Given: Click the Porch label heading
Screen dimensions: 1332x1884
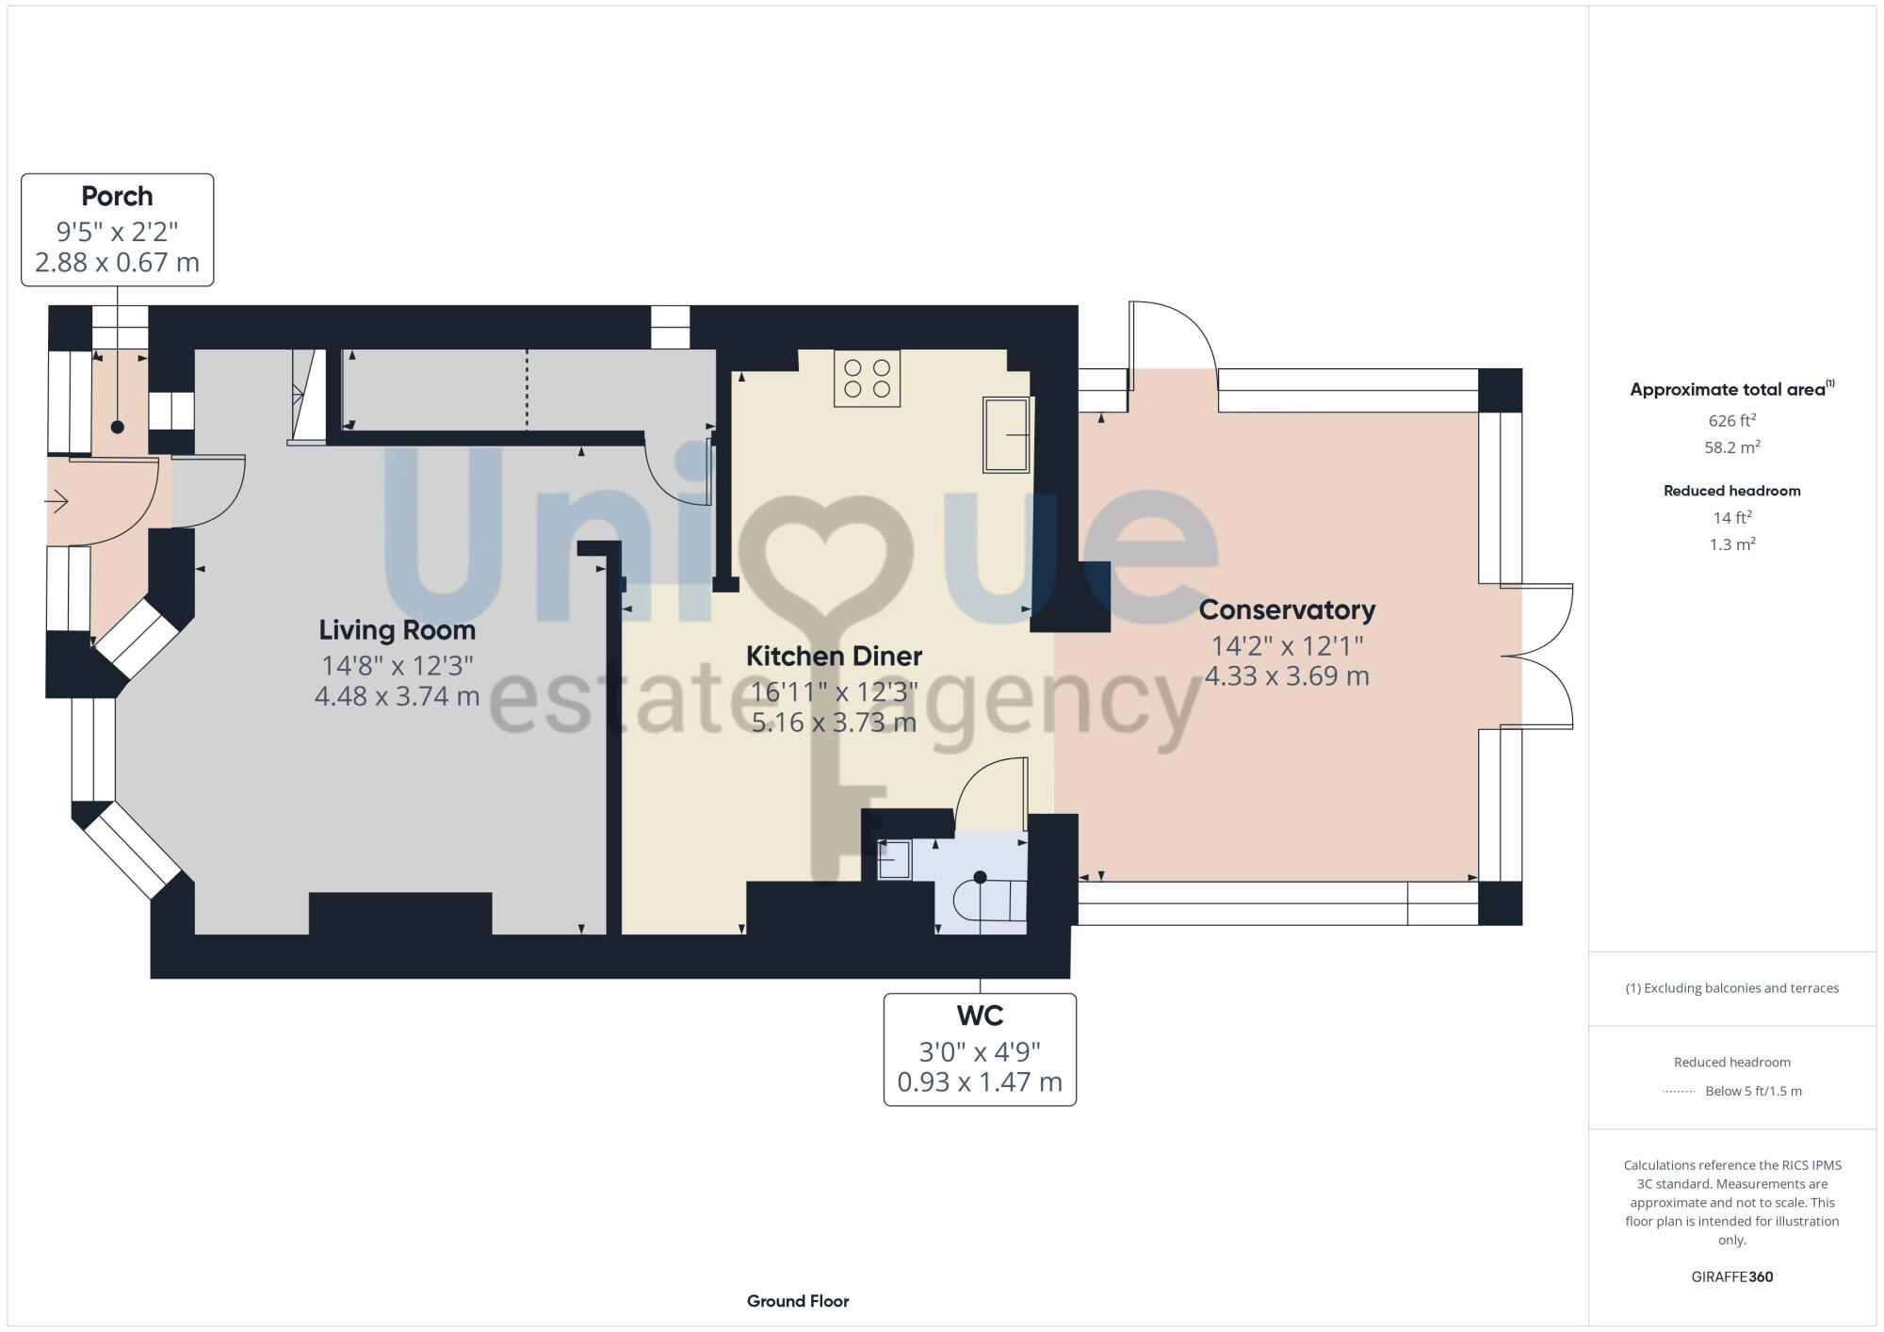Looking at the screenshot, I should click(117, 196).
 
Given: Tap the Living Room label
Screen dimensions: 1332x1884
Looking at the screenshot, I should click(397, 629).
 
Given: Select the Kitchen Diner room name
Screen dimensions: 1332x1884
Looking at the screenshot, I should click(834, 656).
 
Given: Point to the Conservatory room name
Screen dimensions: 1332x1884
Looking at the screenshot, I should click(1287, 609).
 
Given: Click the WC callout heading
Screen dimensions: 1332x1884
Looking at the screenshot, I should click(980, 1015).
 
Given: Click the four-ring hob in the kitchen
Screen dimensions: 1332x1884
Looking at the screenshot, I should click(867, 378).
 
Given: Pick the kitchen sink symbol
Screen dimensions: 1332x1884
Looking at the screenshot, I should click(1006, 434).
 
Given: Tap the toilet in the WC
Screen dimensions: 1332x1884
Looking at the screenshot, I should click(989, 901).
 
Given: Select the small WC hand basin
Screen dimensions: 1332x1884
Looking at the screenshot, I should click(894, 859).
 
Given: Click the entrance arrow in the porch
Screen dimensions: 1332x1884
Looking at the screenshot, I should click(57, 501).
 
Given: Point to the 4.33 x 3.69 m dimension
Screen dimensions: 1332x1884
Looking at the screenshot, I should click(1287, 675).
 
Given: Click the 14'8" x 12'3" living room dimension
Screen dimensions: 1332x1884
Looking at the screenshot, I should click(397, 666).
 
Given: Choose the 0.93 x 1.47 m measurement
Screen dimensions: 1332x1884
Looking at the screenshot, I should click(980, 1082).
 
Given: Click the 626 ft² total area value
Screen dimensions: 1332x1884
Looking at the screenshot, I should click(1731, 421).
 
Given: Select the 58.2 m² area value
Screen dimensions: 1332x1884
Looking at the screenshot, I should click(1731, 447).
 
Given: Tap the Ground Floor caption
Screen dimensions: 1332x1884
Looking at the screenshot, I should click(798, 1301).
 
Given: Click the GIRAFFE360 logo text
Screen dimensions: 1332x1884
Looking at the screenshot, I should click(1731, 1277).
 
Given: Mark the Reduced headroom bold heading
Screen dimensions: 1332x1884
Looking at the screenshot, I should click(1731, 491).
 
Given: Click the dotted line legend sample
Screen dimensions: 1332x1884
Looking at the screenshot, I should click(1679, 1092).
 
